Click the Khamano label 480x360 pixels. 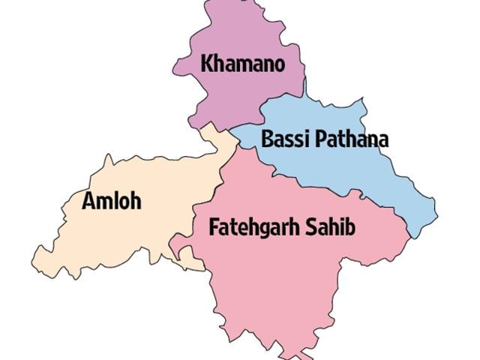click(x=242, y=64)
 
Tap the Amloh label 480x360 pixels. click(x=112, y=201)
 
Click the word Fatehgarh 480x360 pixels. click(x=251, y=227)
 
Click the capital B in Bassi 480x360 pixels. click(x=267, y=139)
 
